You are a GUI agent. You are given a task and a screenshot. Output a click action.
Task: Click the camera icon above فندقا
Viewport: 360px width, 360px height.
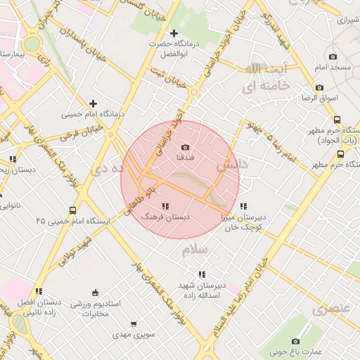coord(185,147)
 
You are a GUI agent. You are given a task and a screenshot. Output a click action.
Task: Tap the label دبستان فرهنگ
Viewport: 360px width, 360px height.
coord(166,218)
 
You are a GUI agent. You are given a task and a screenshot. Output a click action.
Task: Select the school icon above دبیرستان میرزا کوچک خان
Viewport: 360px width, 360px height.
coord(243,206)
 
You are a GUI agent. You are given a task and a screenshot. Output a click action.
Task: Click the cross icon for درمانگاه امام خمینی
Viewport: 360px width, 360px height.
coord(93,103)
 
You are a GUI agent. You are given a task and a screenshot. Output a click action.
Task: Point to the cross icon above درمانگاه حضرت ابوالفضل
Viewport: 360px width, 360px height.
coord(174,33)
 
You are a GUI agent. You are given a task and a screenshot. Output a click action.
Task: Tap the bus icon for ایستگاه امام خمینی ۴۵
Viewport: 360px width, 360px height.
coord(72,210)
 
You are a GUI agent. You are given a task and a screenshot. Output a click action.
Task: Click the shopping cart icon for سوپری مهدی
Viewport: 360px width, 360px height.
coord(134,324)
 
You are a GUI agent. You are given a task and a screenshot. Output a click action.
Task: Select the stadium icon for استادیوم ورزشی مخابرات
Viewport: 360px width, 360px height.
coord(96,292)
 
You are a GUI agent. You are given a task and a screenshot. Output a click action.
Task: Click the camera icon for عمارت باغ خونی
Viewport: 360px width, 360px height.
coord(295,341)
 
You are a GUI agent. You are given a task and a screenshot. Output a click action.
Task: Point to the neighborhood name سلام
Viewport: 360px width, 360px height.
coord(195,250)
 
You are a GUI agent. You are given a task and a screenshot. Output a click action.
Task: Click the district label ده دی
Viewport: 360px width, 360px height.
coord(113,169)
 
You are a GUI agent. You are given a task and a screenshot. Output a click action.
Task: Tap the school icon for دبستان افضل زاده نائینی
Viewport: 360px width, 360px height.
coord(39,290)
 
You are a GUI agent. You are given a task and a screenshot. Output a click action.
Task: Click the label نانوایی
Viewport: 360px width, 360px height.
coord(11,206)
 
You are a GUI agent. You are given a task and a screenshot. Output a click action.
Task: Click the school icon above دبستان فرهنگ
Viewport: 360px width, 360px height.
coord(165,206)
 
